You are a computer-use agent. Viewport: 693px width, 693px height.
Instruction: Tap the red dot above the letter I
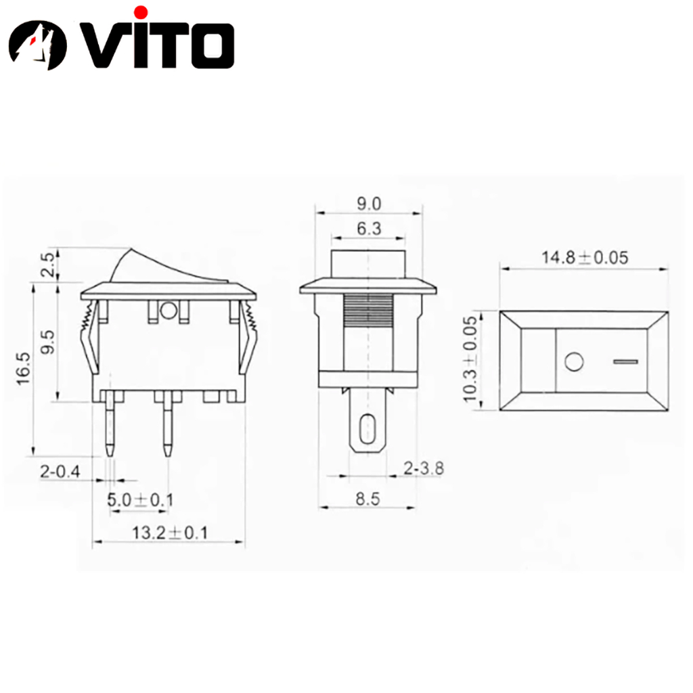pyautogui.click(x=141, y=12)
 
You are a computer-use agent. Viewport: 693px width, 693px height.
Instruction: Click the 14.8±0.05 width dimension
pyautogui.click(x=584, y=257)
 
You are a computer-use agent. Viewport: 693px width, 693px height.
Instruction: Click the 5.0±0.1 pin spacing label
pyautogui.click(x=141, y=500)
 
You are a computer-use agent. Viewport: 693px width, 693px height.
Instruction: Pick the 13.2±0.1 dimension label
pyautogui.click(x=169, y=533)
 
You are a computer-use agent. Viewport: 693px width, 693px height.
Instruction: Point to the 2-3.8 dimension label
pyautogui.click(x=424, y=468)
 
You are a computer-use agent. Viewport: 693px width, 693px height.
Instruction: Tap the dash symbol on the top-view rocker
pyautogui.click(x=626, y=363)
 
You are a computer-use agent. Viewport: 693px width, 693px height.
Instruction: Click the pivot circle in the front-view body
pyautogui.click(x=168, y=311)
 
